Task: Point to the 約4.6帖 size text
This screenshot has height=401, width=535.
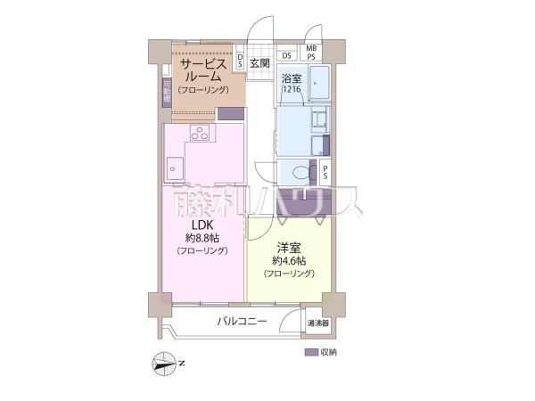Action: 289,260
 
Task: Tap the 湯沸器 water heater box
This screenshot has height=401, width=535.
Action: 318,323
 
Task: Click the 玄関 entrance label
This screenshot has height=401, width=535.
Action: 259,63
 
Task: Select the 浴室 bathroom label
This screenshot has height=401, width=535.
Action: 292,78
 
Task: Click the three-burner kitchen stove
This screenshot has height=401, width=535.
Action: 199,135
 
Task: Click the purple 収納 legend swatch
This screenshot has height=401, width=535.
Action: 310,352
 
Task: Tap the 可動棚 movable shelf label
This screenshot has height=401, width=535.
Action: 167,92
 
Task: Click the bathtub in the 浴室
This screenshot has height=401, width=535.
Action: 317,84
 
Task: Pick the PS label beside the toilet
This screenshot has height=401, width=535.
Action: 326,172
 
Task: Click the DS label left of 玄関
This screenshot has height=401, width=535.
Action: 240,60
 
